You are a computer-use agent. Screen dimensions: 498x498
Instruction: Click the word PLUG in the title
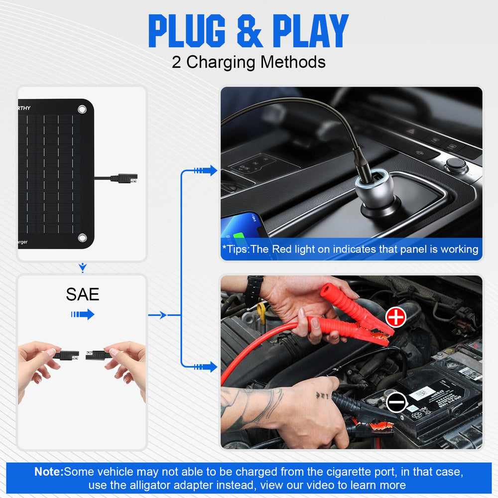tap(187, 31)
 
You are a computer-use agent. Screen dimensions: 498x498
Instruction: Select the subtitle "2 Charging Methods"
tap(249, 62)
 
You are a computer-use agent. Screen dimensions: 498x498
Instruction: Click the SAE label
tap(83, 294)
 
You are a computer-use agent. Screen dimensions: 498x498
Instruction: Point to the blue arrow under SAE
tap(83, 314)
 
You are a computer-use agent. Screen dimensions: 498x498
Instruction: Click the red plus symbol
tap(396, 317)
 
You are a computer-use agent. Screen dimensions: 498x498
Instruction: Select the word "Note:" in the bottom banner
tap(49, 472)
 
